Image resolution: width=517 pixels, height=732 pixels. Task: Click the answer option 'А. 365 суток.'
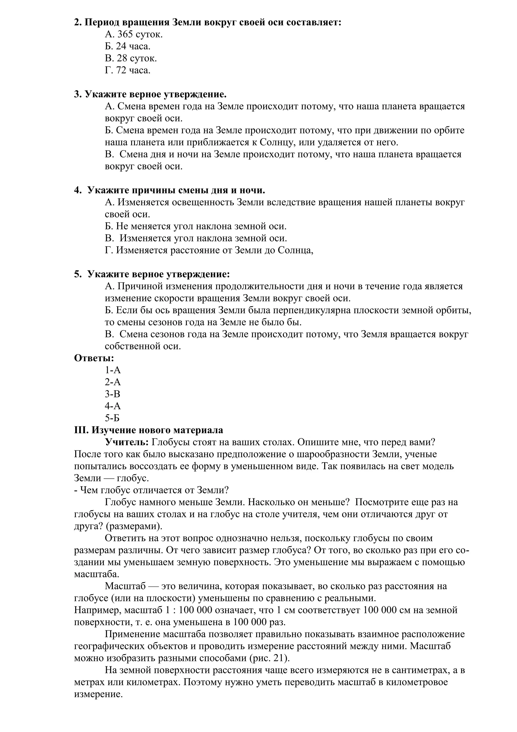point(134,34)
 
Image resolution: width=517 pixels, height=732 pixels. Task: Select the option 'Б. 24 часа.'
point(127,46)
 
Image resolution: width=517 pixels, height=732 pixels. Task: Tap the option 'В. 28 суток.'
point(131,58)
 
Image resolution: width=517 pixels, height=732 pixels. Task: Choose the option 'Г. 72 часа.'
point(127,70)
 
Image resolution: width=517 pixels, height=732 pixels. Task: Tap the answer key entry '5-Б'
point(112,418)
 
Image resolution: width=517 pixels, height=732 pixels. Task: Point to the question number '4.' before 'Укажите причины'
point(78,190)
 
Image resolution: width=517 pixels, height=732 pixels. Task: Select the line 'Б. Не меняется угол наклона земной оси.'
point(196,226)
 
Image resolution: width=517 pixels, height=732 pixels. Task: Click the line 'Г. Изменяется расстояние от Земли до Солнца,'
point(209,250)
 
